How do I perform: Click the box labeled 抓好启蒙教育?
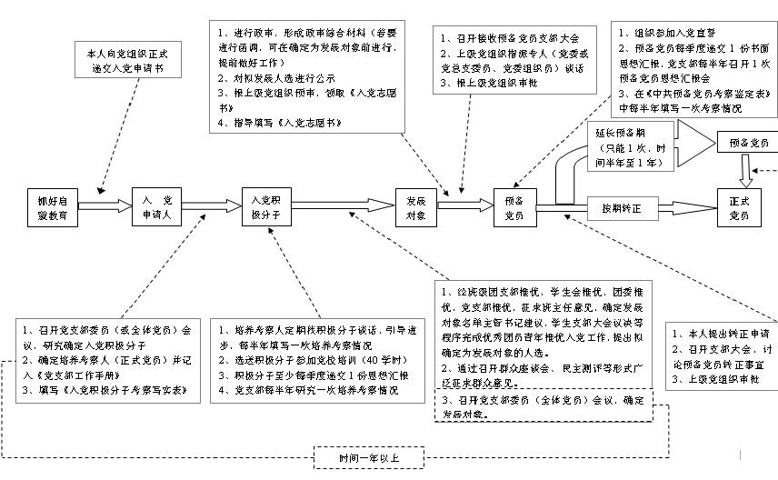(52, 207)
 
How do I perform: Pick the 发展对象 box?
(416, 207)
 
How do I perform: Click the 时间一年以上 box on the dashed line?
(368, 457)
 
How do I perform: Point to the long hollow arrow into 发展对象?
(345, 207)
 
